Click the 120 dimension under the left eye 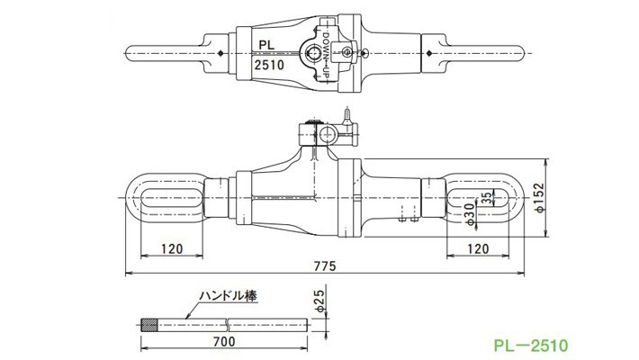[173, 248]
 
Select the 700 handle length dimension [226, 343]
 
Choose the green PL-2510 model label [531, 343]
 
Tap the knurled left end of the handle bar [150, 325]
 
